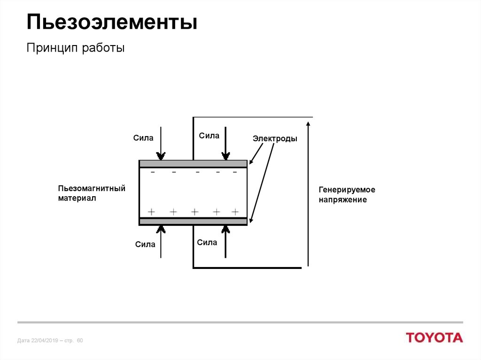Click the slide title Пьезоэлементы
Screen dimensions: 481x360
(x=112, y=23)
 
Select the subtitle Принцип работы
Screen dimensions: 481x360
(x=76, y=48)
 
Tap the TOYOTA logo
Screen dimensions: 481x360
(x=434, y=337)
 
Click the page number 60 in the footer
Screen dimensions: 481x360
(x=80, y=340)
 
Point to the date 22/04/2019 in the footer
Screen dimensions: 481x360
(x=45, y=340)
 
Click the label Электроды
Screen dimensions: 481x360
(x=275, y=138)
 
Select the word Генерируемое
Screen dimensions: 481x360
(x=347, y=190)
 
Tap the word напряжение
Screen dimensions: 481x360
(x=342, y=200)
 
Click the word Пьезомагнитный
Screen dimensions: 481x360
(x=92, y=188)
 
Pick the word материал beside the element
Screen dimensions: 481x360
(x=77, y=198)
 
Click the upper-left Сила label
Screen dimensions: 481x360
(x=143, y=138)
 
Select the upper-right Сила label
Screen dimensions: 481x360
(x=209, y=136)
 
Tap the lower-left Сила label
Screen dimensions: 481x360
(x=145, y=245)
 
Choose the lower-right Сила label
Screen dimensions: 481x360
(x=207, y=243)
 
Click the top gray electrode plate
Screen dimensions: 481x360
(x=193, y=164)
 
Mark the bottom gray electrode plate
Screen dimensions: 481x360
(x=193, y=222)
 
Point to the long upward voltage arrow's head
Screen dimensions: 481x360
(x=308, y=123)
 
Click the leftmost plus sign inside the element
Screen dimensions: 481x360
(x=151, y=212)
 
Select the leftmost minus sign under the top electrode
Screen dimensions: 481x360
(x=153, y=172)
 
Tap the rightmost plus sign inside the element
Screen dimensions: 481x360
(x=235, y=212)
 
